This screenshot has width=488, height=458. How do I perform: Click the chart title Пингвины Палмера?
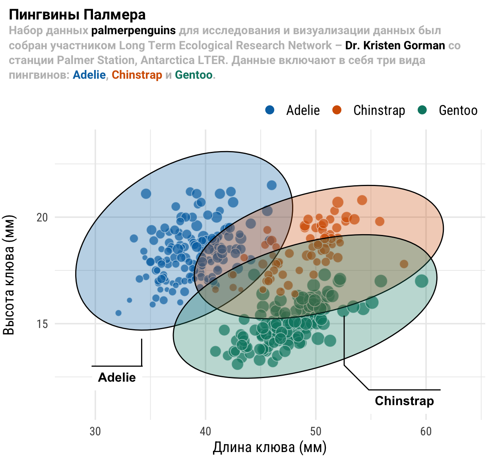click(x=77, y=15)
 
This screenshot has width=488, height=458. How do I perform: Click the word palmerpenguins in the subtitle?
click(x=134, y=31)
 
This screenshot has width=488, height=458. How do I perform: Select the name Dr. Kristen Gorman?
click(x=395, y=45)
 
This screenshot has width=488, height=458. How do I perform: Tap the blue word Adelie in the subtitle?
click(x=89, y=75)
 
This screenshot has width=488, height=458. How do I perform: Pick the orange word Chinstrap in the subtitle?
click(x=137, y=75)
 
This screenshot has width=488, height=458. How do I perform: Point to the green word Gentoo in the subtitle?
click(x=194, y=75)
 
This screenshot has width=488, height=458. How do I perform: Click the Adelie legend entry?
click(x=293, y=110)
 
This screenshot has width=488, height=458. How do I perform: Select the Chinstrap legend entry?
click(x=369, y=110)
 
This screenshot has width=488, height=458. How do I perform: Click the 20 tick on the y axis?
click(x=42, y=217)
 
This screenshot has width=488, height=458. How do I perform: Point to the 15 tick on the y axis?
click(x=42, y=324)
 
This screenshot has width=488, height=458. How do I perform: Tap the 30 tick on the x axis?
click(x=95, y=431)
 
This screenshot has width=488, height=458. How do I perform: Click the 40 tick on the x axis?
click(x=205, y=431)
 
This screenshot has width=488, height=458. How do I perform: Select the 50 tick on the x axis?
click(x=316, y=431)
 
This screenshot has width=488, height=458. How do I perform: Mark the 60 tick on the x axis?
click(x=426, y=431)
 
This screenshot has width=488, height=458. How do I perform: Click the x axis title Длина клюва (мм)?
click(x=269, y=448)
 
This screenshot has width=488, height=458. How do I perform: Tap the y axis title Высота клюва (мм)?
click(x=9, y=275)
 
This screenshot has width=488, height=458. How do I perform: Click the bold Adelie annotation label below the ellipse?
click(x=117, y=377)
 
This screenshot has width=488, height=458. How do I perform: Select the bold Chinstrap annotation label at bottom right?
click(x=404, y=401)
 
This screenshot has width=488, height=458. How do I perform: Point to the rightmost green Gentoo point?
click(x=421, y=281)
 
